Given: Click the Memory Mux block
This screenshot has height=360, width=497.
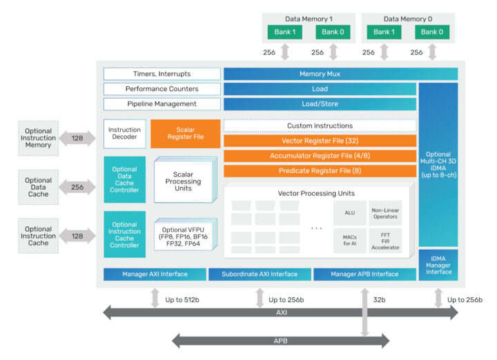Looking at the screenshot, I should (x=340, y=74).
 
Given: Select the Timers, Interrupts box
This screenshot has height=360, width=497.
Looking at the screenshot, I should (x=162, y=74).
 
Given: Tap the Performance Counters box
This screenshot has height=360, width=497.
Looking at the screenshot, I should (x=162, y=89).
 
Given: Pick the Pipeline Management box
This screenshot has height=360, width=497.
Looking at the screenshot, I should (x=162, y=104).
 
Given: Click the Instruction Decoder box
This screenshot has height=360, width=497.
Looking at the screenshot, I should (x=124, y=133).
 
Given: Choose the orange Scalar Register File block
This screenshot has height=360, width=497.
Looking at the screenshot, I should (x=185, y=133).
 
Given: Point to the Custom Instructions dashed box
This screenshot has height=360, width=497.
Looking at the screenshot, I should (x=320, y=126).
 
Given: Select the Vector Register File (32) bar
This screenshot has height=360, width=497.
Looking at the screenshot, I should (x=320, y=141).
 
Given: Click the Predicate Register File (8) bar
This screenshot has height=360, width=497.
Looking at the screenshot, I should (x=320, y=171).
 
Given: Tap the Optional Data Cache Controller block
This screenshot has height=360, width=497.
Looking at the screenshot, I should (x=124, y=179).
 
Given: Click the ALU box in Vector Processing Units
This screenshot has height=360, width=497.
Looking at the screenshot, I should (x=350, y=213).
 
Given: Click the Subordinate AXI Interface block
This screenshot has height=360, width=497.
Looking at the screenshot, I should (x=260, y=274).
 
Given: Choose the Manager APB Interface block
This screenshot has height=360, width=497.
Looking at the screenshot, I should (x=365, y=274).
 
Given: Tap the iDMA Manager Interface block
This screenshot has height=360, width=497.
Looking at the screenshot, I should (x=438, y=267).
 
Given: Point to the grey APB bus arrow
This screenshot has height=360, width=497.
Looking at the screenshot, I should (x=280, y=340).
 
